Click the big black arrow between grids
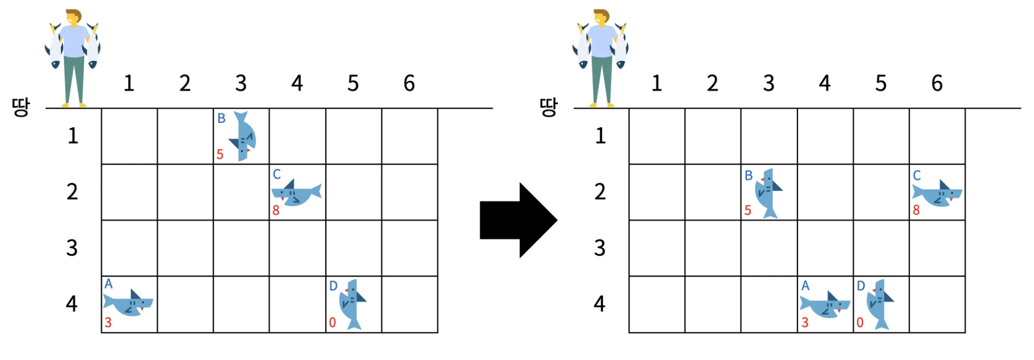(518, 220)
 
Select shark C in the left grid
(297, 193)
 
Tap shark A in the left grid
(128, 302)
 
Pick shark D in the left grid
(352, 304)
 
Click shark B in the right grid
(768, 192)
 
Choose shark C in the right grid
(938, 193)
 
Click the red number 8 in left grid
(276, 211)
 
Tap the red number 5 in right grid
(748, 211)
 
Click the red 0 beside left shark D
(332, 323)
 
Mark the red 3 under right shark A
(805, 323)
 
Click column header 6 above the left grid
(409, 84)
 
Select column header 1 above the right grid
(656, 84)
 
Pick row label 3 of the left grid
(72, 248)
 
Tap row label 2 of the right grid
(600, 192)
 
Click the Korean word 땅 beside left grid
(21, 107)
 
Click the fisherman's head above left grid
(74, 18)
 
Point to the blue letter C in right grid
(917, 176)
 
